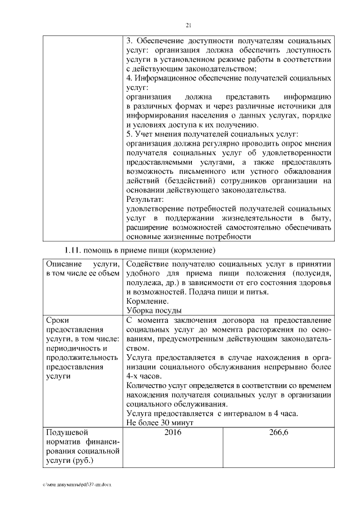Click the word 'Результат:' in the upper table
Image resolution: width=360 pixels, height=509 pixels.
click(145, 199)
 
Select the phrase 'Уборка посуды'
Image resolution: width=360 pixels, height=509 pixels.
click(154, 310)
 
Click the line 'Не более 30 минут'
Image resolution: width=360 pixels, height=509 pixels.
click(160, 422)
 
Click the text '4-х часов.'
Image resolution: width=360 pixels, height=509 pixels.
click(144, 376)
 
